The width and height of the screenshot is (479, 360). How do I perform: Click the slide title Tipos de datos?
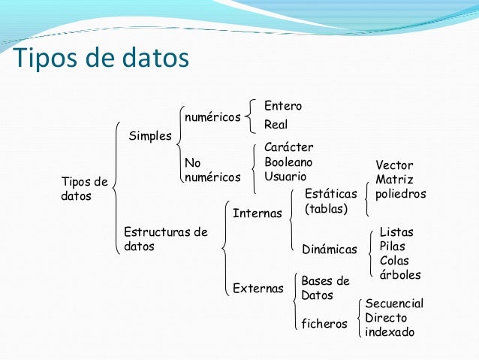(101, 58)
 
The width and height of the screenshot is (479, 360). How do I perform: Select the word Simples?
(150, 135)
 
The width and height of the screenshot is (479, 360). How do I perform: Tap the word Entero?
(282, 106)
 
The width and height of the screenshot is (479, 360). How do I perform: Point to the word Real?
(276, 124)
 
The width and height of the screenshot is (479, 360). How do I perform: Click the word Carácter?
(288, 147)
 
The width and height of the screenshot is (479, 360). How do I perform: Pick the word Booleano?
(288, 162)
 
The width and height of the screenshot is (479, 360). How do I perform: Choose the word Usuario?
(285, 177)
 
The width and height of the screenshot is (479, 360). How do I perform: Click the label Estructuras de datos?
(165, 239)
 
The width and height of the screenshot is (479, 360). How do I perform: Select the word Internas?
(257, 213)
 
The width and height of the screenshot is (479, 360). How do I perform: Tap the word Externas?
(258, 288)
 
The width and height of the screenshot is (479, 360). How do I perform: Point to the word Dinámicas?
(330, 249)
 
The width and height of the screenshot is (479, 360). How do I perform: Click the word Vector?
(394, 165)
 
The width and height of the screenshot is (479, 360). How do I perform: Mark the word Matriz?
(394, 180)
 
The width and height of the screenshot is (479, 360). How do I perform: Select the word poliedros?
(400, 194)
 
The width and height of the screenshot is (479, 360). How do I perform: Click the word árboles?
(400, 275)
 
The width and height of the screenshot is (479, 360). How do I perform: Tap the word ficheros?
(324, 324)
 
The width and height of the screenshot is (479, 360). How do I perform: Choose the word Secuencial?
(394, 304)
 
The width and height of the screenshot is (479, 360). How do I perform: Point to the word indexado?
(389, 331)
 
